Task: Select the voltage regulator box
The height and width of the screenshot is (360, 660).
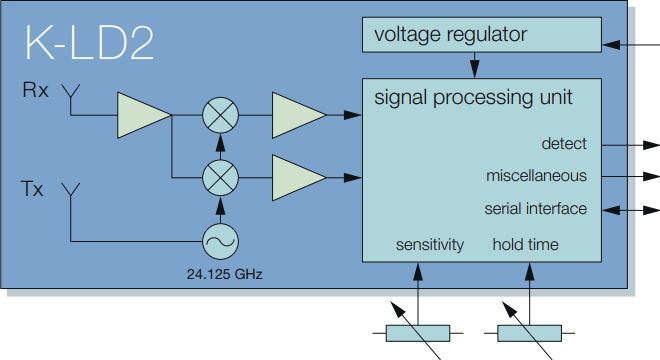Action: [x=481, y=36]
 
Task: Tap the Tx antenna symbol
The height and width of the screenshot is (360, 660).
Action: [x=71, y=189]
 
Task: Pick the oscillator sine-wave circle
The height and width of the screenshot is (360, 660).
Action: [x=218, y=240]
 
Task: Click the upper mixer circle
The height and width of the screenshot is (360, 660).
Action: [x=218, y=115]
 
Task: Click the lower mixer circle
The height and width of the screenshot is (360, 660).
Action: [x=218, y=177]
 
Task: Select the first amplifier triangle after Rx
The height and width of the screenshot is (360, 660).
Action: [x=143, y=115]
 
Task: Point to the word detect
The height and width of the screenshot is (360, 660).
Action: [x=564, y=144]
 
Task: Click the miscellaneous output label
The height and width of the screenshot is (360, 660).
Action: [x=536, y=176]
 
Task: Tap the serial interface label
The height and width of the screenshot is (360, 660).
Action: [x=535, y=209]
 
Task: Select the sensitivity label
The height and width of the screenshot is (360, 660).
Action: [x=430, y=245]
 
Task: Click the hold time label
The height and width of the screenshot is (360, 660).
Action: [x=525, y=245]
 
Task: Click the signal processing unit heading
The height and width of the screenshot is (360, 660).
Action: [x=473, y=98]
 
